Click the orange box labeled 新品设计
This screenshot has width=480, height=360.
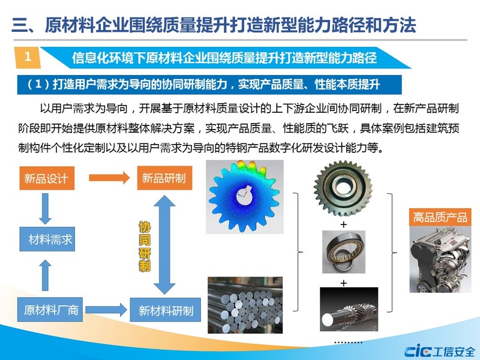click(47, 178)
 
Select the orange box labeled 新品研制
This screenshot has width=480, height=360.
click(164, 178)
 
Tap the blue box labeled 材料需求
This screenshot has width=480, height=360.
click(47, 239)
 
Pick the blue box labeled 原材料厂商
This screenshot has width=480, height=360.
click(50, 310)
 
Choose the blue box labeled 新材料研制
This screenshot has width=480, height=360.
click(166, 310)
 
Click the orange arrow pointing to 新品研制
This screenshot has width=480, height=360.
click(109, 178)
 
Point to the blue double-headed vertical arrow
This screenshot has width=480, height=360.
click(164, 245)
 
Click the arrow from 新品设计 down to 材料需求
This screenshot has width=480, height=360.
click(46, 208)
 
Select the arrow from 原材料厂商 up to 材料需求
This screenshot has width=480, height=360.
click(46, 275)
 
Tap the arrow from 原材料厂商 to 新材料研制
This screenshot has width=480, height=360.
click(106, 310)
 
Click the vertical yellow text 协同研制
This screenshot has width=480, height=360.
click(145, 247)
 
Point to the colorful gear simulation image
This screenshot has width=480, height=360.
click(245, 197)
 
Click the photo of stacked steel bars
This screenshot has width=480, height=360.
click(245, 305)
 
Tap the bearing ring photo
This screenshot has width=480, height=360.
click(343, 252)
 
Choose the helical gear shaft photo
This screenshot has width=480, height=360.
click(349, 309)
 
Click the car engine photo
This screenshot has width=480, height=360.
click(440, 259)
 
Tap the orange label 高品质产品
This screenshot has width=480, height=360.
click(440, 217)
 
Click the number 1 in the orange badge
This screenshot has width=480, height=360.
click(28, 56)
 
